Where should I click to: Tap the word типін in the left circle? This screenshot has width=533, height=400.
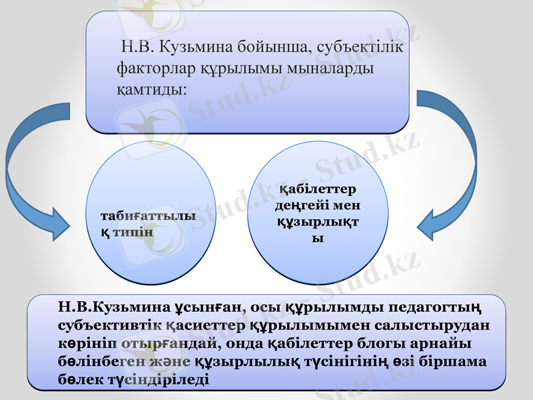tap(133, 232)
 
